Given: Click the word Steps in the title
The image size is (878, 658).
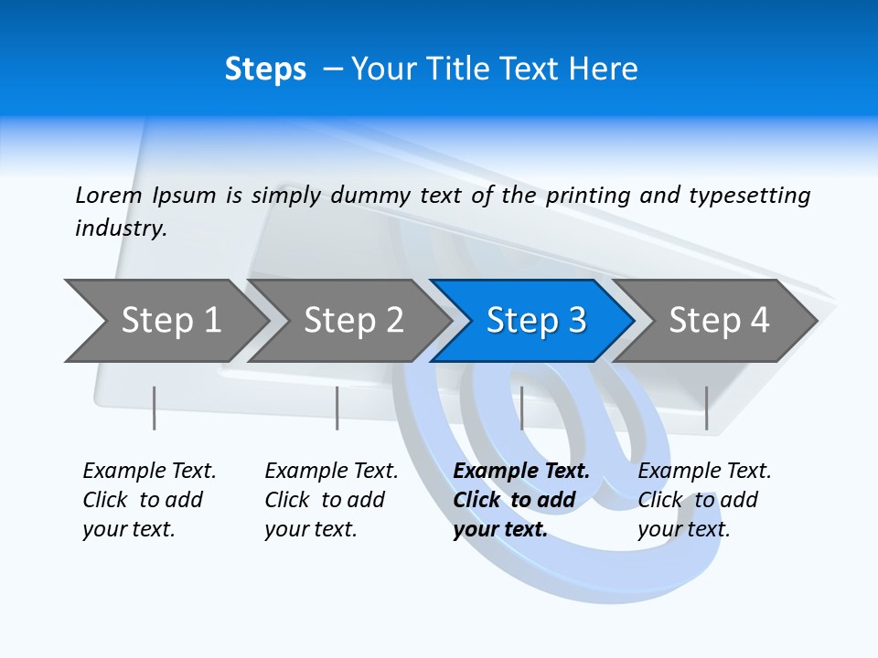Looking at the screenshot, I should (265, 69).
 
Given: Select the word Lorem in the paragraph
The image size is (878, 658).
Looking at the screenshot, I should (109, 195).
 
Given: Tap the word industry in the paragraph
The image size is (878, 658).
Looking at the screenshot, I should (120, 228).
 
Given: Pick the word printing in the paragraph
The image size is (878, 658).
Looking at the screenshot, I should (588, 195).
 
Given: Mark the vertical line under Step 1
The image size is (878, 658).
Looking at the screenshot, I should (154, 408).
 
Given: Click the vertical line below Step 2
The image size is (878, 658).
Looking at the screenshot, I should (337, 408).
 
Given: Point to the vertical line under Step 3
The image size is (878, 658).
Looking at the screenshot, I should (521, 408).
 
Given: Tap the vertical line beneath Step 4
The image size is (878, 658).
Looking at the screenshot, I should (706, 408).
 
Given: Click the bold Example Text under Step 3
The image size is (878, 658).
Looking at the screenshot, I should (520, 500).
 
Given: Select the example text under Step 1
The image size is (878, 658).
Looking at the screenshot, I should (149, 500).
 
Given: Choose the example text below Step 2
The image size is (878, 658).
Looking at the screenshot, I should (331, 500).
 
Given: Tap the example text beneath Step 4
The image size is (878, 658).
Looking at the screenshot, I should (704, 500).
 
